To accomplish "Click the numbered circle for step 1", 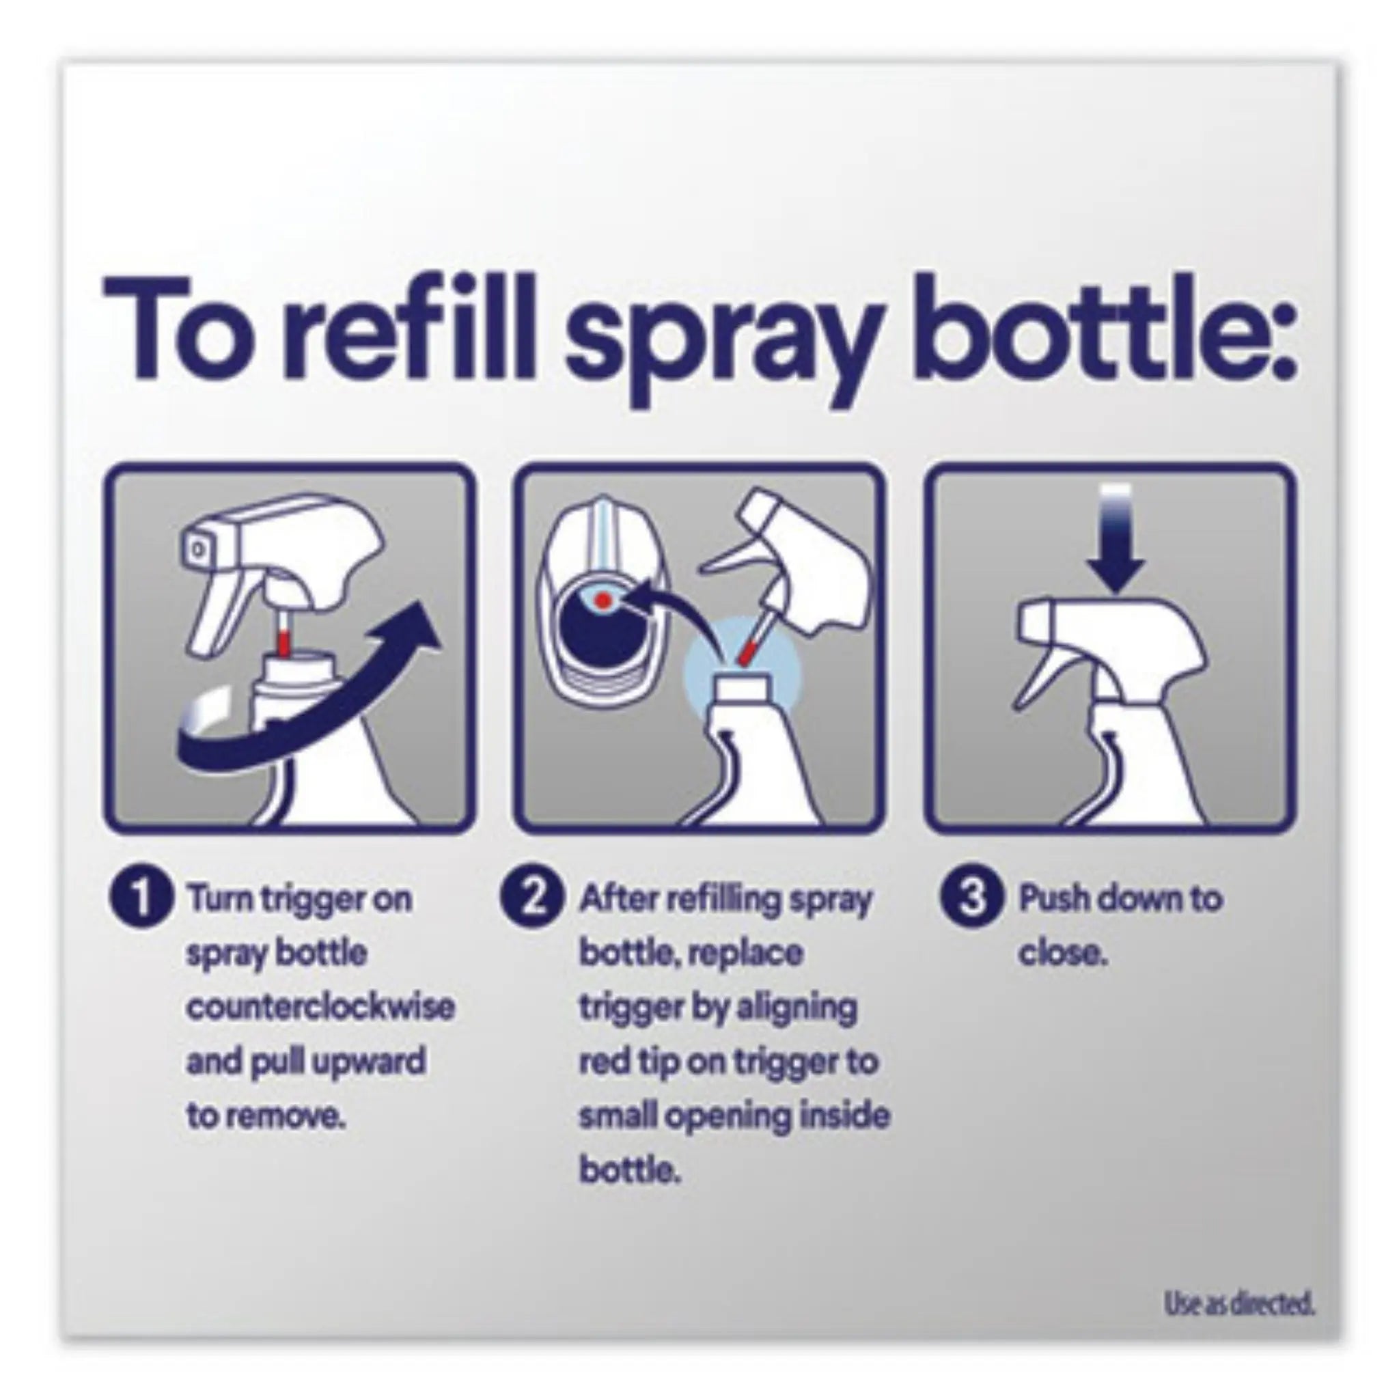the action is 142,900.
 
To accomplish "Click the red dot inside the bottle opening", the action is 601,600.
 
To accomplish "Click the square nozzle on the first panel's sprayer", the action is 197,551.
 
